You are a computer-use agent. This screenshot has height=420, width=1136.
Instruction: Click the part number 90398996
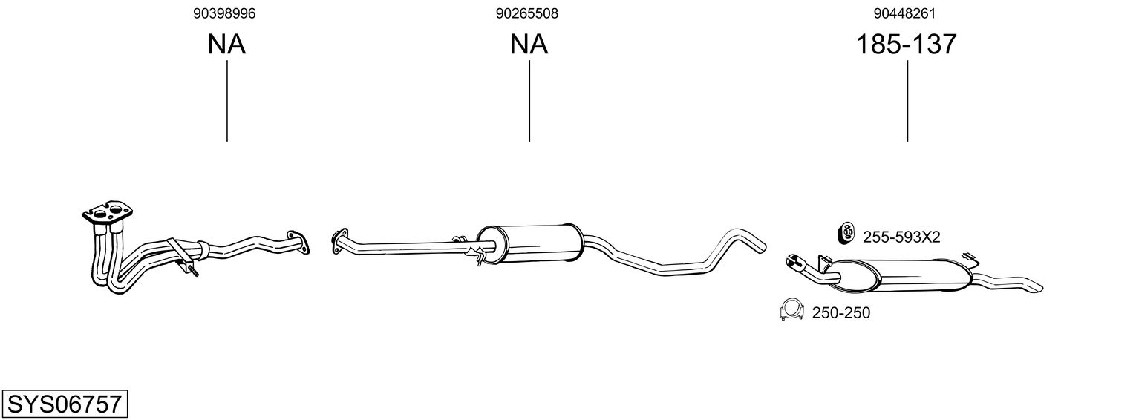[x=226, y=13]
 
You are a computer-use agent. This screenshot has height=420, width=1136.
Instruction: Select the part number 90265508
[x=527, y=13]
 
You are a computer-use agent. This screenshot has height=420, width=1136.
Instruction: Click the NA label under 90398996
[x=226, y=45]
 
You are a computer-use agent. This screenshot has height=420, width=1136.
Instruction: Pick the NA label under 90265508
[x=529, y=45]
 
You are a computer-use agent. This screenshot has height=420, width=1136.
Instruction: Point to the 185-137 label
[x=906, y=45]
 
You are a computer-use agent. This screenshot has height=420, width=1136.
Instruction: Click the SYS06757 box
[x=64, y=404]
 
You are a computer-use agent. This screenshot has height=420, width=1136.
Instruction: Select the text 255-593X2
[x=901, y=237]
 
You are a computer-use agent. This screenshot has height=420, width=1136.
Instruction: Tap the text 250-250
[x=840, y=313]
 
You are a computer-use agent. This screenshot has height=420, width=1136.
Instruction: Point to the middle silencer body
[x=530, y=242]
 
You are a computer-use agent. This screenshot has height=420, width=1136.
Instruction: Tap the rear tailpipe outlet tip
[x=1035, y=287]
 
